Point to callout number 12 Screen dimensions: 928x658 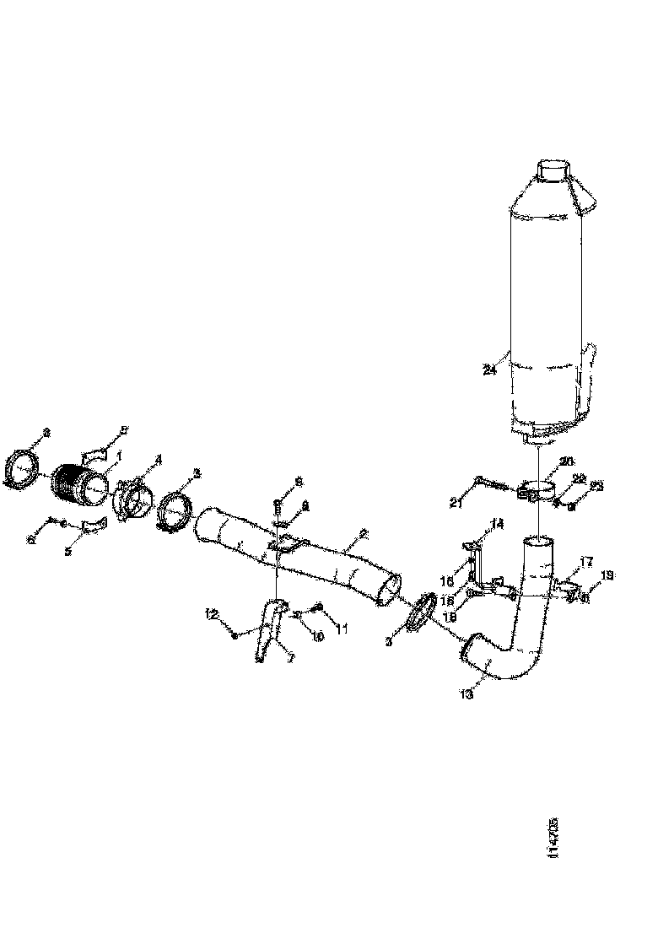[x=212, y=614]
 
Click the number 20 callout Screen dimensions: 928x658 [x=566, y=461]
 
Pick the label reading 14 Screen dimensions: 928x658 [x=497, y=525]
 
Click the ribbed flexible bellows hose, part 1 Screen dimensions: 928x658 [x=82, y=483]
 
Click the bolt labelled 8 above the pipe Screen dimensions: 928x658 [x=277, y=506]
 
